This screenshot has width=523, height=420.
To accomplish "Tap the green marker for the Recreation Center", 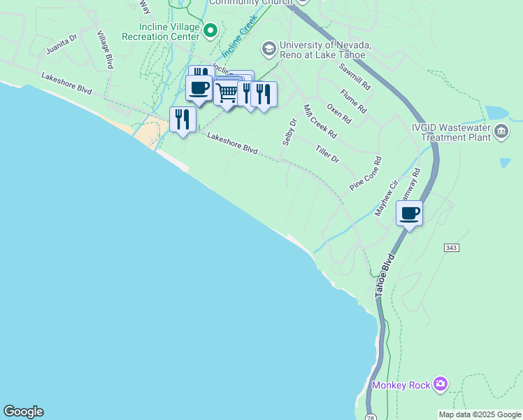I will click(x=208, y=29).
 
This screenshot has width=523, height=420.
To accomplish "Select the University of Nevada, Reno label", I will click(x=324, y=50).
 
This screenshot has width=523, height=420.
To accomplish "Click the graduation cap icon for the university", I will click(x=268, y=49).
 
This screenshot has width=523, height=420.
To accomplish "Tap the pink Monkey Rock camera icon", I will click(x=440, y=383).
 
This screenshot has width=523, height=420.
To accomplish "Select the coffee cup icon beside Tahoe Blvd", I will click(x=409, y=213).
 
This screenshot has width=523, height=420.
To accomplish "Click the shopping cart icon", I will click(x=227, y=92).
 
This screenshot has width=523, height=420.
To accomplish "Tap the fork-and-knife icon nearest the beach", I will click(x=182, y=119).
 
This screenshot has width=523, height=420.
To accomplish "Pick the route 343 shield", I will click(x=451, y=248).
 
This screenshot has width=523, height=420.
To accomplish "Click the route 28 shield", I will click(x=371, y=417).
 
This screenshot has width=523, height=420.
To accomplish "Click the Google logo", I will click(x=23, y=412).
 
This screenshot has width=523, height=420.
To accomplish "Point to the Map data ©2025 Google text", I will click(x=479, y=414).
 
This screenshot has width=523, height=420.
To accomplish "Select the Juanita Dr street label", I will click(x=61, y=47).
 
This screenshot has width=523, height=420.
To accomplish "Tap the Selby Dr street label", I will click(x=289, y=132).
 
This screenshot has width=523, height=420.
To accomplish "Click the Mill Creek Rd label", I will click(x=320, y=121).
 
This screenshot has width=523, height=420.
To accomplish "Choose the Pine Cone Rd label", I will click(x=366, y=174).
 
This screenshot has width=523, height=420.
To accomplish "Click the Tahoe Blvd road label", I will click(x=385, y=274).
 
